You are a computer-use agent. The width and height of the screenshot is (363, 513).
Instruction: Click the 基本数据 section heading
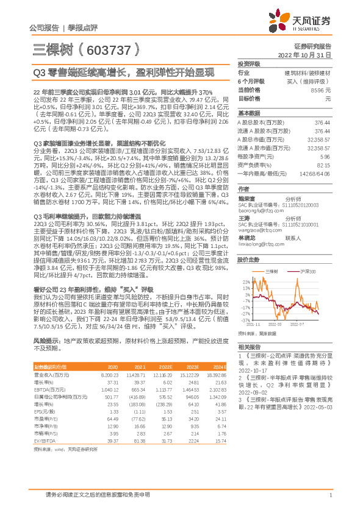[249, 113]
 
